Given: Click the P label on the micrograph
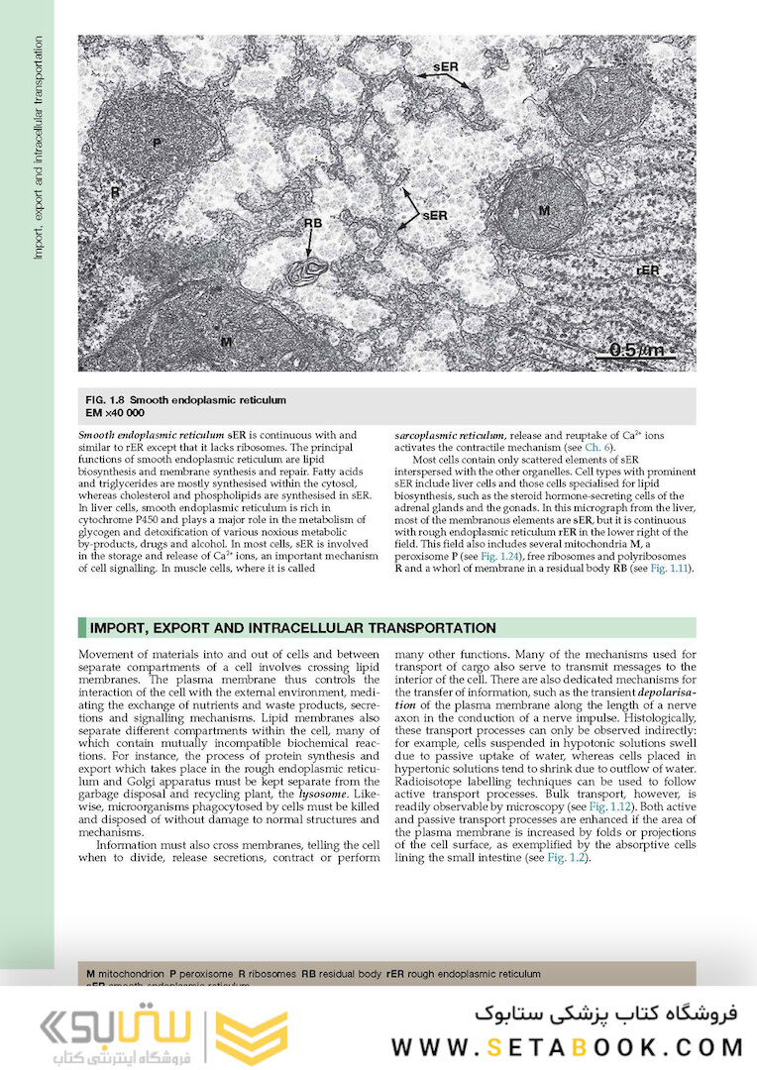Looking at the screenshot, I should tap(157, 144).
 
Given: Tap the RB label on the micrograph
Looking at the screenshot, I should tap(313, 224).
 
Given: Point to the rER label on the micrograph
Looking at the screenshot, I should tap(648, 268).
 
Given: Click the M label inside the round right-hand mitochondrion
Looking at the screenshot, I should tap(544, 210).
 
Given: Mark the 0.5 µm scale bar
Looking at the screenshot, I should tap(635, 350).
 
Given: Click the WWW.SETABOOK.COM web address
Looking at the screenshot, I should tap(567, 1047).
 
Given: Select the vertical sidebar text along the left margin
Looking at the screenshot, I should tap(38, 149).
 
